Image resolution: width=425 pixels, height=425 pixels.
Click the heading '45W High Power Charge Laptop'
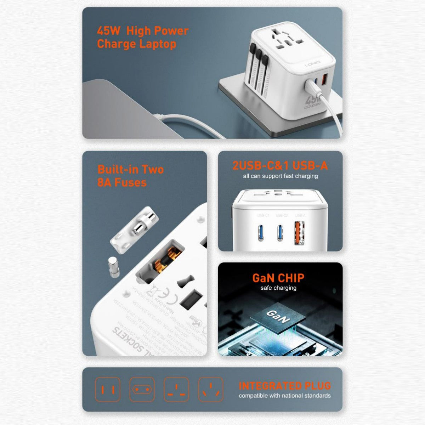142,37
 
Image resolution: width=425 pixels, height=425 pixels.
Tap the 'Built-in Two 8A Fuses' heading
130,176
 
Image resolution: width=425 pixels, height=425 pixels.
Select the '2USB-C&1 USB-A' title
280,165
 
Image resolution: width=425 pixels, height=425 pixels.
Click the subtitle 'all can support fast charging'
280,176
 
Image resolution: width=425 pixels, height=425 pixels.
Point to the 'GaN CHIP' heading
278,278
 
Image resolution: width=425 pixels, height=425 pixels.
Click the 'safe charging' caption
278,288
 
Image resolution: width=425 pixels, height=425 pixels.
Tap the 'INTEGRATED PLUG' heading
285,386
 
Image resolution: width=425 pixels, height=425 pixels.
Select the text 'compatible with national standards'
284,396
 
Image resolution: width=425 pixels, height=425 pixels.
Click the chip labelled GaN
278,316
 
